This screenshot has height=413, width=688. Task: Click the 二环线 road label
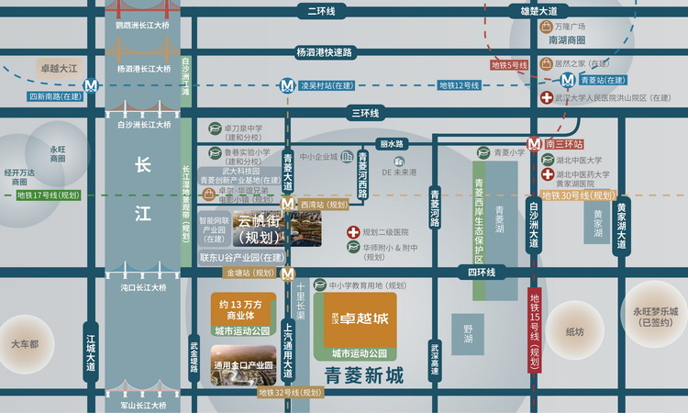321,11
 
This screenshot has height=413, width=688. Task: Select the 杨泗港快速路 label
324,52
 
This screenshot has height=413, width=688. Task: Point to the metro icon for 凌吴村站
288,86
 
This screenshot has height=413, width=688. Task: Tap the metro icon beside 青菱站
569,80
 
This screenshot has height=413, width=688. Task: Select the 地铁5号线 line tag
509,65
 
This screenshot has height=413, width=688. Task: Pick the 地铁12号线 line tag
459,85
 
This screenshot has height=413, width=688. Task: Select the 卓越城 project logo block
360,319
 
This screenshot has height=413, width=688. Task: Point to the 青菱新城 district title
364,375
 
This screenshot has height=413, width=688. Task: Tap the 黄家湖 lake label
598,224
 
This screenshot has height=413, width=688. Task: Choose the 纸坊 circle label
574,331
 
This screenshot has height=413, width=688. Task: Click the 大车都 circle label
25,344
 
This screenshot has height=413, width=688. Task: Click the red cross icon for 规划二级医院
353,233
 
